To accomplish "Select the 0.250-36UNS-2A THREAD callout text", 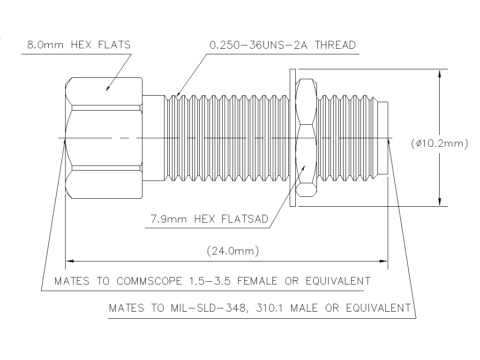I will click(282, 45).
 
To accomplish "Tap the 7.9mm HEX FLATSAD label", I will click(209, 219).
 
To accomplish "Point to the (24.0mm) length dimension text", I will click(233, 251).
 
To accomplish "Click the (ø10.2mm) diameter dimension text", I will click(439, 144).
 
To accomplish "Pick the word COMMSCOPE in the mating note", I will click(149, 281).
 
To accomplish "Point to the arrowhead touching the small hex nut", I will click(304, 166).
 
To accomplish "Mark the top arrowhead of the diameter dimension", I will click(439, 73).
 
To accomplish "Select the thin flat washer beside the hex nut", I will click(292, 137).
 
